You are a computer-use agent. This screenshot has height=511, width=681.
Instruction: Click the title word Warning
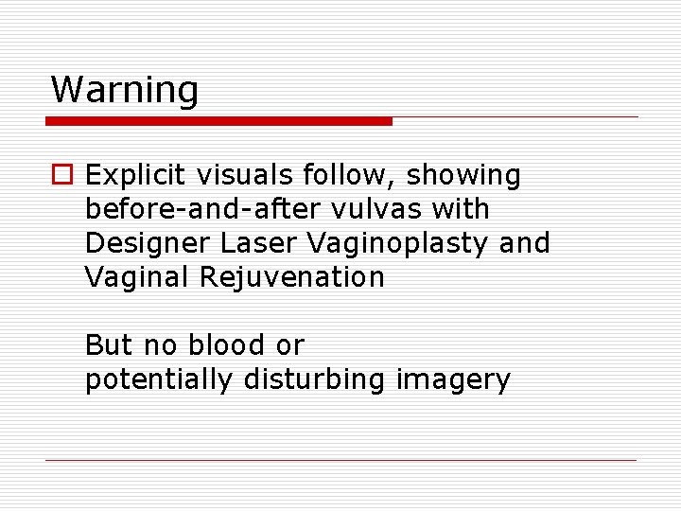coord(125,90)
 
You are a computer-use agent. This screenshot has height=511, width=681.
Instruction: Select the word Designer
coord(148,244)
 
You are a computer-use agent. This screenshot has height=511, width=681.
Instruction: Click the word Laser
coord(260,243)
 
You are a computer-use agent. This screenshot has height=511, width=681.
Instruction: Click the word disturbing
coord(314,380)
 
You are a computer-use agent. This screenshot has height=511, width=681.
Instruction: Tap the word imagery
coord(453,380)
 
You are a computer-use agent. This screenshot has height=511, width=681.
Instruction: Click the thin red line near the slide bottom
coord(340,460)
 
